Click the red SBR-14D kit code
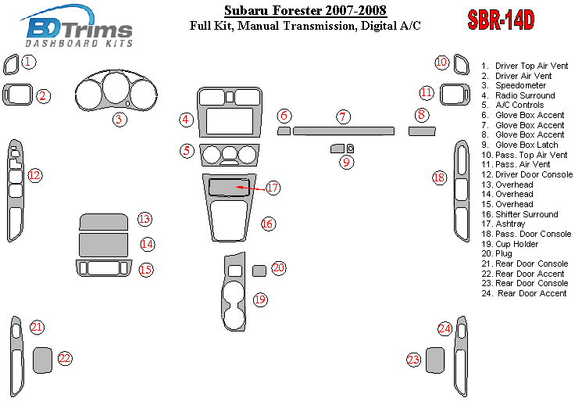pyautogui.click(x=501, y=20)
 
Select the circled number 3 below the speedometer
pyautogui.click(x=120, y=120)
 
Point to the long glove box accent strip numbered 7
pyautogui.click(x=344, y=131)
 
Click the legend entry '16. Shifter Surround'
pyautogui.click(x=520, y=214)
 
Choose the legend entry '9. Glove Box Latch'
pyautogui.click(x=520, y=145)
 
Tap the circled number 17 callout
pyautogui.click(x=273, y=188)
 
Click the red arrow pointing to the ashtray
pyautogui.click(x=252, y=188)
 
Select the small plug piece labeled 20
pyautogui.click(x=259, y=271)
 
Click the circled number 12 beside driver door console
pyautogui.click(x=35, y=175)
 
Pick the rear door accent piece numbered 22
pyautogui.click(x=42, y=360)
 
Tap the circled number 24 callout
pyautogui.click(x=445, y=328)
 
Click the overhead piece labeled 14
pyautogui.click(x=103, y=244)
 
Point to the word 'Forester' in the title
pyautogui.click(x=298, y=10)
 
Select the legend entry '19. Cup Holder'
pyautogui.click(x=509, y=244)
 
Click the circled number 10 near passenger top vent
pyautogui.click(x=441, y=62)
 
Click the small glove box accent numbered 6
pyautogui.click(x=284, y=131)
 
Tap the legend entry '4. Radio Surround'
pyautogui.click(x=518, y=95)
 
